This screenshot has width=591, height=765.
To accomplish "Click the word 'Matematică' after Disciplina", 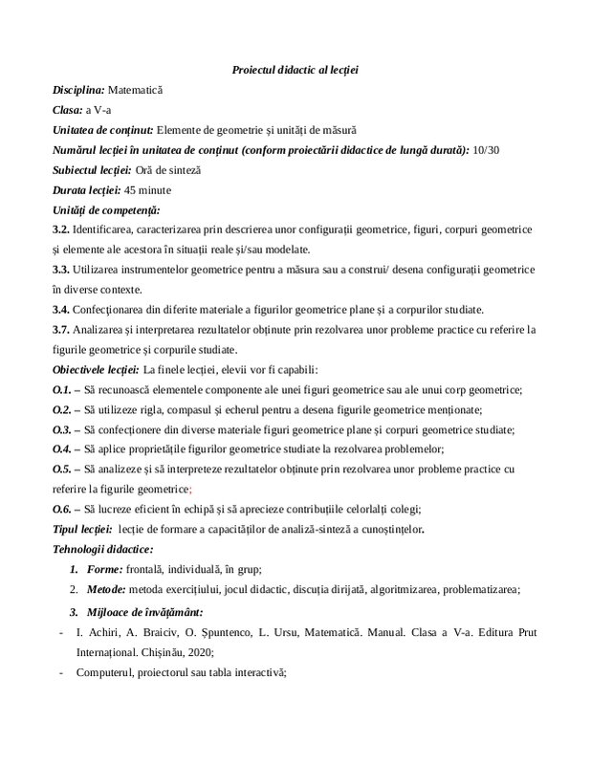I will pos(137,90).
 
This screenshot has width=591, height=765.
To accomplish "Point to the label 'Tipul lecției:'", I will pos(81,529).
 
